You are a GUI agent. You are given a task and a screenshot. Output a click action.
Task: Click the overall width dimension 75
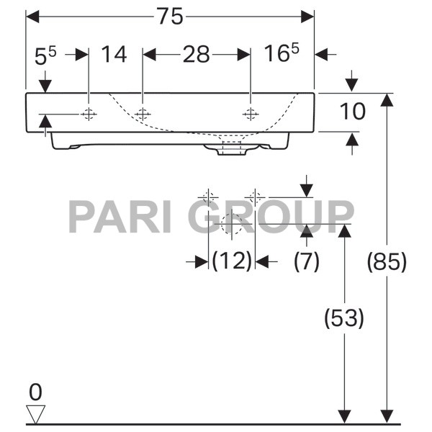point(171,17)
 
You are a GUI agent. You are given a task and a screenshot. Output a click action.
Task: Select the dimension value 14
point(114,54)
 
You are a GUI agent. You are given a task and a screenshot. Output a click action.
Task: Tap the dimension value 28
point(196,54)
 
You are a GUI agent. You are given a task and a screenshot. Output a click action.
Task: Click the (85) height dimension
point(387,262)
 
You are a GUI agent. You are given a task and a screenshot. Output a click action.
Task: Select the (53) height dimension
point(343,318)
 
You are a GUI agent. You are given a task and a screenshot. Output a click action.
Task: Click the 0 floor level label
point(35,392)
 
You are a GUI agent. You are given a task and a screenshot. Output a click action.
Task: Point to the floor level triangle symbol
point(35,413)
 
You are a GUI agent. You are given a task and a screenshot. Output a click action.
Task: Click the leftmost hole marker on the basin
point(89,114)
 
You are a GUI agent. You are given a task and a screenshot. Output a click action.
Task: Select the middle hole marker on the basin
point(143,114)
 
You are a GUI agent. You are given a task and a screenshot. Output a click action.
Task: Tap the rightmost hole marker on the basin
point(251,114)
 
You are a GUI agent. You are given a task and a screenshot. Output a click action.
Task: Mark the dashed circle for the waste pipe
point(232,227)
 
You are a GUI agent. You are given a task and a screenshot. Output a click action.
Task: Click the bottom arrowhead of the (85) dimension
point(387,417)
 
